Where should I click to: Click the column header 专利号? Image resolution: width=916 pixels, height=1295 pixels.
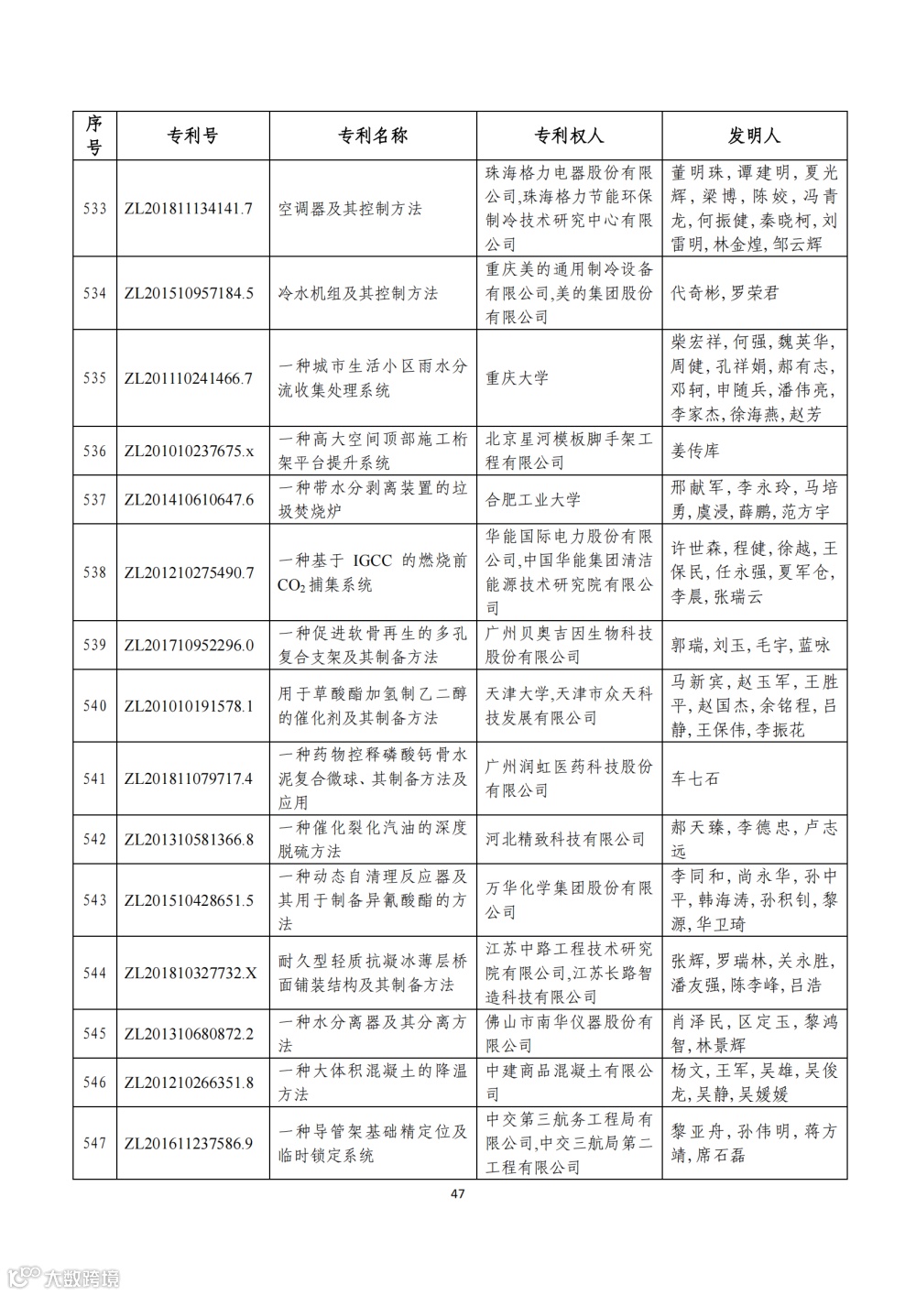[x=192, y=136]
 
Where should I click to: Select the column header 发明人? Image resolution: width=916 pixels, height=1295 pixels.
[x=754, y=136]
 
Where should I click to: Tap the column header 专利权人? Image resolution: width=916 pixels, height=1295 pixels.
[x=569, y=136]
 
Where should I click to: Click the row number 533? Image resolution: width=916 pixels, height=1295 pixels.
[x=94, y=209]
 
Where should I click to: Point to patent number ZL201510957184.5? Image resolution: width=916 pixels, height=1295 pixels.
[x=189, y=293]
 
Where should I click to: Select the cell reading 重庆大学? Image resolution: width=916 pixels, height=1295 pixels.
[x=518, y=377]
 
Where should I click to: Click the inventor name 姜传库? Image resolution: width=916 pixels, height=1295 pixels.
[x=695, y=451]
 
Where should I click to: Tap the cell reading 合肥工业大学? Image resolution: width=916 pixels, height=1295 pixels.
[x=533, y=499]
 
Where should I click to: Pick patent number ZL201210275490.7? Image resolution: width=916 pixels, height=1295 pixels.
[x=189, y=572]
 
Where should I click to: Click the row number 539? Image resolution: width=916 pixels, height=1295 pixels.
[x=94, y=645]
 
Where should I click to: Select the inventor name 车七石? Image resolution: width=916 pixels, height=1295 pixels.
[x=695, y=778]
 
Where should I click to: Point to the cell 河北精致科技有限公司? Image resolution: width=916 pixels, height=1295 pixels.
[x=565, y=839]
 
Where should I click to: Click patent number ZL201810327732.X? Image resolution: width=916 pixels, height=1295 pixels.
[x=191, y=973]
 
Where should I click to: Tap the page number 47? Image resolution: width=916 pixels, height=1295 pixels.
[x=459, y=1193]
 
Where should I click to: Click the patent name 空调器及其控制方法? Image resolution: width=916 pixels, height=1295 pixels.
[x=350, y=209]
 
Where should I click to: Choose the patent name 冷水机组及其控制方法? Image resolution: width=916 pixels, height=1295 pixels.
[x=358, y=293]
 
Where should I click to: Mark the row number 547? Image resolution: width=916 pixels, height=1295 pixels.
[x=94, y=1143]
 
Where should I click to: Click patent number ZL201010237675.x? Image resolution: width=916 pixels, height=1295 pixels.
[x=188, y=451]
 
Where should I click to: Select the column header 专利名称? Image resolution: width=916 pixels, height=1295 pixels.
[x=373, y=136]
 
